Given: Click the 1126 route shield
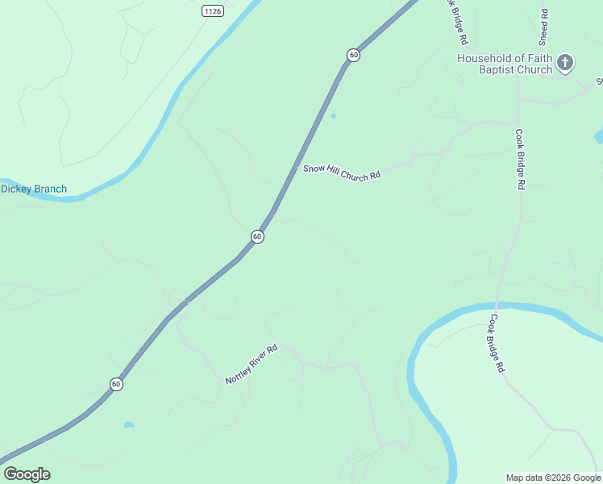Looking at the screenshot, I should coord(213,10).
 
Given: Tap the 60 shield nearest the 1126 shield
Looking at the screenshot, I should coord(353,55).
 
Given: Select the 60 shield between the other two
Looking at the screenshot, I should coord(256,236).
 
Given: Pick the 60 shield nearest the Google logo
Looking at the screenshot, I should coord(116,384).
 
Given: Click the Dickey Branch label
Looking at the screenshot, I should coord(34,190).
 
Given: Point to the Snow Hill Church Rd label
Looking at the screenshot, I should coord(341,173).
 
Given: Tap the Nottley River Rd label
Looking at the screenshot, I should coord(252,365).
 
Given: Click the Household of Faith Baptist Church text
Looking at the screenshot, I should coord(505,64).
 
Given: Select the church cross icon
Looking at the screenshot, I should coord(566,63).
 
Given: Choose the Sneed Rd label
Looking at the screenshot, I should coord(545,26).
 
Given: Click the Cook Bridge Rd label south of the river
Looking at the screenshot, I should coord(496,343).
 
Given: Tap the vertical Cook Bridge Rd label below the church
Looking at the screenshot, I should coord(521,159).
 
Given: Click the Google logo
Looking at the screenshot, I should coord(27,474).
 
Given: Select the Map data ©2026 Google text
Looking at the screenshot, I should coord(554,478).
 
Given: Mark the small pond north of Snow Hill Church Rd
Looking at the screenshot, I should coord(333,116).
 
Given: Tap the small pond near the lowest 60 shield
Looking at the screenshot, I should coord(129,424).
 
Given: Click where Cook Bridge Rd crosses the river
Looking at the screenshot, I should coord(497,306).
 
